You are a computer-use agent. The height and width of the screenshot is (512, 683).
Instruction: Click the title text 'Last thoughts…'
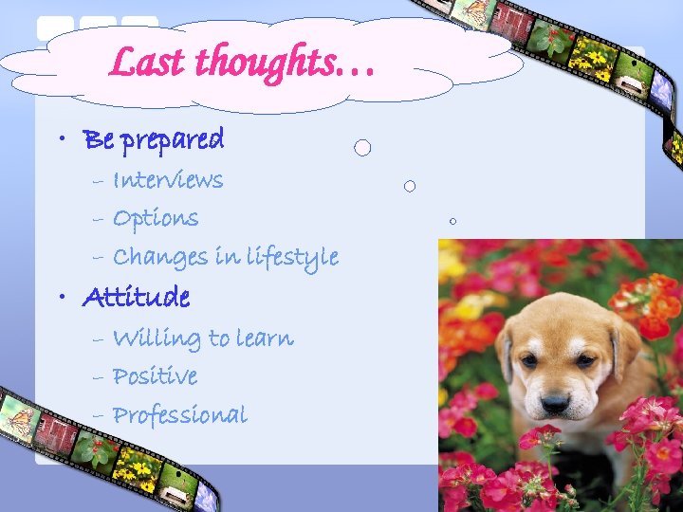pyautogui.click(x=243, y=63)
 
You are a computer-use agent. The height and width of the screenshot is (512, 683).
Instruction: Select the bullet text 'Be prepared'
pyautogui.click(x=154, y=140)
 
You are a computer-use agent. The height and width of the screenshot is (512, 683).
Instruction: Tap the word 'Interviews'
pyautogui.click(x=168, y=180)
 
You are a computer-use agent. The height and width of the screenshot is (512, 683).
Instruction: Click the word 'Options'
pyautogui.click(x=156, y=219)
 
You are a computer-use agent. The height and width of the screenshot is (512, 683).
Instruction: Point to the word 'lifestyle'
pyautogui.click(x=291, y=257)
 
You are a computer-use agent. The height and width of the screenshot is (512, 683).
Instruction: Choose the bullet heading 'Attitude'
pyautogui.click(x=137, y=298)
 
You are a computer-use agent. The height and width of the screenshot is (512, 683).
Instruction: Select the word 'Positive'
pyautogui.click(x=155, y=376)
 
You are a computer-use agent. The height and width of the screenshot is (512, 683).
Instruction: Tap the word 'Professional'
pyautogui.click(x=179, y=415)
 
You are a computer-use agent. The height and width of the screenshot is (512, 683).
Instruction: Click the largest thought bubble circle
pyautogui.click(x=362, y=148)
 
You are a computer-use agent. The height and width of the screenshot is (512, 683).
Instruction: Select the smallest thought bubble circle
pyautogui.click(x=453, y=221)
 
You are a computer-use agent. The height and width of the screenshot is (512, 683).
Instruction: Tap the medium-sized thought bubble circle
pyautogui.click(x=410, y=186)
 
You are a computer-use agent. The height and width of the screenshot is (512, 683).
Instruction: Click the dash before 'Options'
pyautogui.click(x=99, y=220)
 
